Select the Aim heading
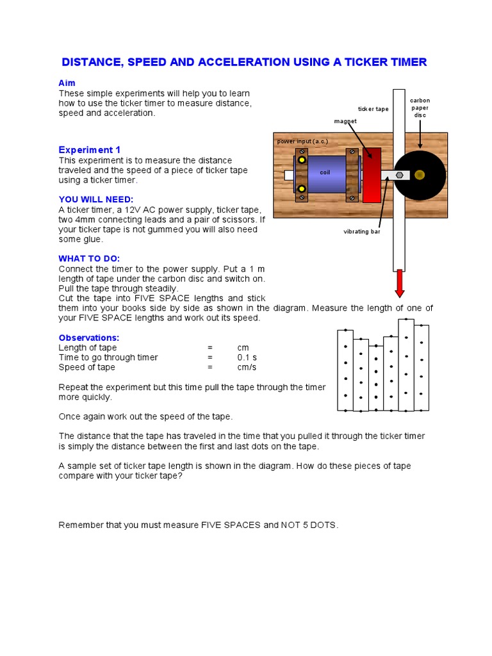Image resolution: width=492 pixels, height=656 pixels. pos(67,83)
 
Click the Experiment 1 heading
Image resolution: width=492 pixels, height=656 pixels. pos(90,149)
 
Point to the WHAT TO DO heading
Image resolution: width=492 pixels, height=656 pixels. pos(89,258)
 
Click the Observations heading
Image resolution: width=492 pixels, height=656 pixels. pos(89,338)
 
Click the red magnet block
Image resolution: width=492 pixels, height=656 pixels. pos(372,175)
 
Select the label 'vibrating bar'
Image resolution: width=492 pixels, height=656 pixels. pos(362,231)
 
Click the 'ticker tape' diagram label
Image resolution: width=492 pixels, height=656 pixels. pos(373,109)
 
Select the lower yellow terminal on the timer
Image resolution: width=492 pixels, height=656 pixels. pos(300,188)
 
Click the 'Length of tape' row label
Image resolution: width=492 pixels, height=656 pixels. pos(88,348)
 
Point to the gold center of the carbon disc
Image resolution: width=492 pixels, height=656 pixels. pos(420,174)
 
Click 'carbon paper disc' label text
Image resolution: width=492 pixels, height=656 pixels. pos(420,108)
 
